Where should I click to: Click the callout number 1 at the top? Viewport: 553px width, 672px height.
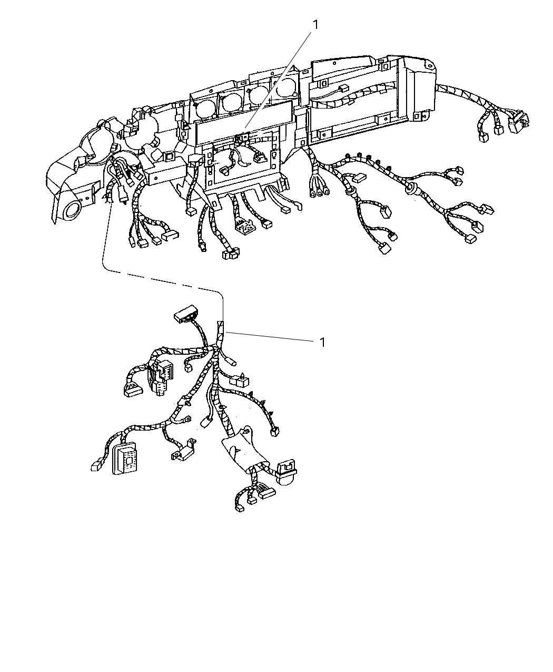point(315,25)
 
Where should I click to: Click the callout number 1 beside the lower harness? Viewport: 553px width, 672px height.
point(323,342)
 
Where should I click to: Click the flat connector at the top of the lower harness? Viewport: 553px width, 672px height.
point(186,313)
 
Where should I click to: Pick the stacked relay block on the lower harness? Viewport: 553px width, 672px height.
point(160,377)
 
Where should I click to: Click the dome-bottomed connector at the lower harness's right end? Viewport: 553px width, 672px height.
point(285,472)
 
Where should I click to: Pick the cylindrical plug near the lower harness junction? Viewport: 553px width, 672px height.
point(231,362)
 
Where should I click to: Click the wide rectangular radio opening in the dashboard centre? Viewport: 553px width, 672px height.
point(244,121)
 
